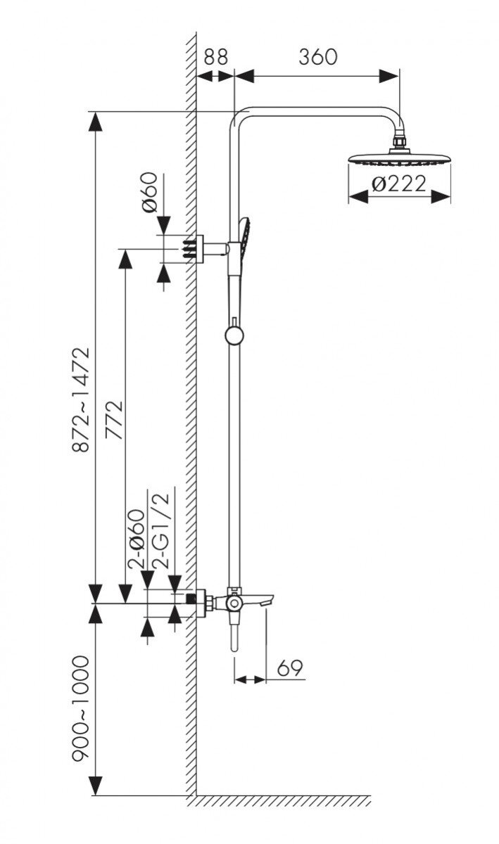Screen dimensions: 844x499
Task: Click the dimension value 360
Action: pos(317,57)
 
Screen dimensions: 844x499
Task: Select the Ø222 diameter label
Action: pos(398,184)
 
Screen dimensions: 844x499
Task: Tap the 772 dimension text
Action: pos(114,420)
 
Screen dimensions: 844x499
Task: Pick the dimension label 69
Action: pos(290,668)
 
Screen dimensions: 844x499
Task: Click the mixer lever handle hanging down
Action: pos(234,637)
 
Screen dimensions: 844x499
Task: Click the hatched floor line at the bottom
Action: pos(282,801)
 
